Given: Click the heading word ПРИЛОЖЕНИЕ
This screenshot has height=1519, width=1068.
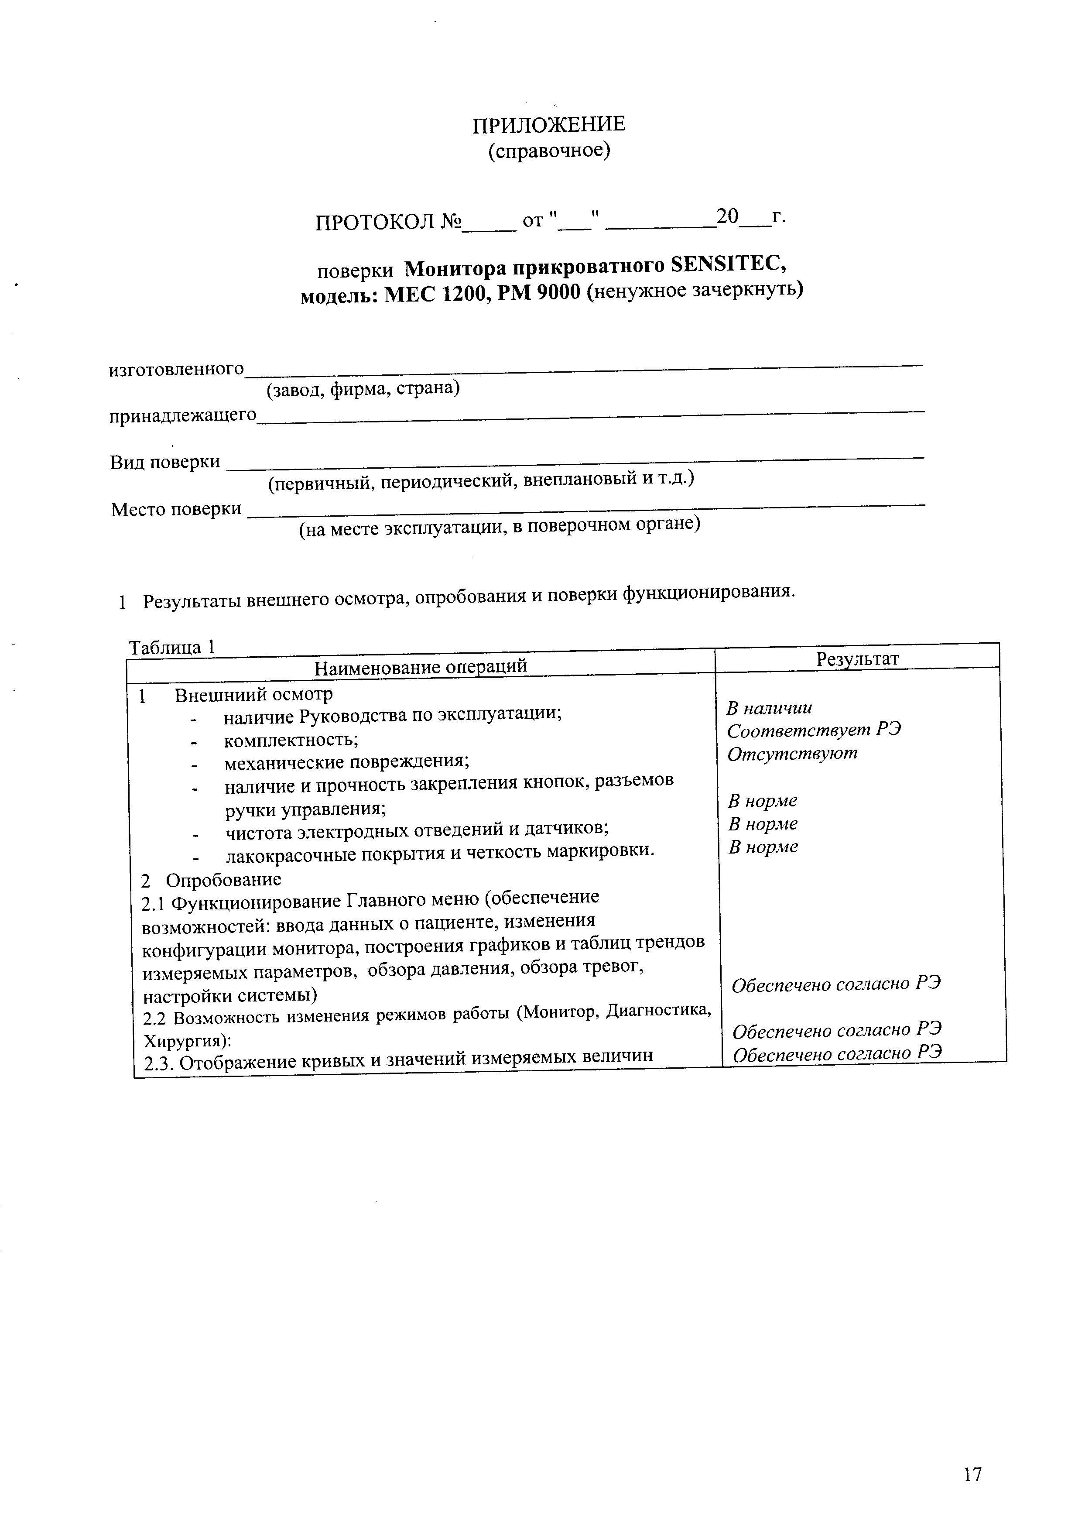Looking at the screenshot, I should pyautogui.click(x=548, y=124).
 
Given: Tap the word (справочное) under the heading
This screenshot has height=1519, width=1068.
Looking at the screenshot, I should pyautogui.click(x=549, y=151).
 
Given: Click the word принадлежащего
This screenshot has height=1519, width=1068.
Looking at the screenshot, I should pyautogui.click(x=182, y=415).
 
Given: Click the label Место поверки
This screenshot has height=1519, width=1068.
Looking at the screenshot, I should pyautogui.click(x=176, y=509).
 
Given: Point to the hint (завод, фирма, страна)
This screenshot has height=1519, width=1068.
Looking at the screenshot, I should pyautogui.click(x=363, y=388).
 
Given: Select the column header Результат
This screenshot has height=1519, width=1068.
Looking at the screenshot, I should pyautogui.click(x=857, y=659).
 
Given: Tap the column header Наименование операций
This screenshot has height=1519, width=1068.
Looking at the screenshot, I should pyautogui.click(x=421, y=667).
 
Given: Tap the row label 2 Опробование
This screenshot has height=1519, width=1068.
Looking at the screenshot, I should pyautogui.click(x=211, y=880).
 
